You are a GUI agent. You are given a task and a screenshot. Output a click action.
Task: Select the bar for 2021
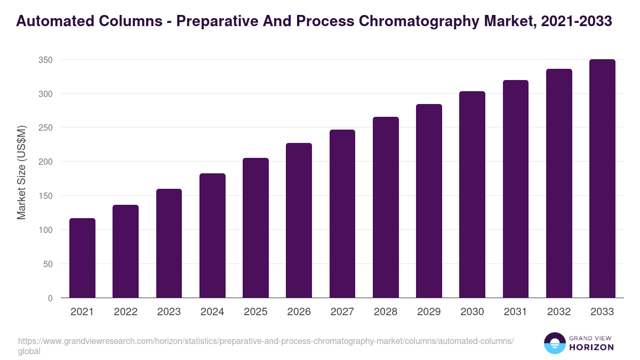[82, 258]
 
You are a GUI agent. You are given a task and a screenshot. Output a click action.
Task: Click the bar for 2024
[212, 236]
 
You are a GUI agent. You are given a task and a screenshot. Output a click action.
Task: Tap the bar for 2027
[342, 214]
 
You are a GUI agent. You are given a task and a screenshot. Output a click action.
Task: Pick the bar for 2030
[473, 195]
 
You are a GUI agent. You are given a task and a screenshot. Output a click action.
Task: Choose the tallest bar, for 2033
[602, 179]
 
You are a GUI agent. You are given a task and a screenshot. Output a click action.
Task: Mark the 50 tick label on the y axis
[48, 264]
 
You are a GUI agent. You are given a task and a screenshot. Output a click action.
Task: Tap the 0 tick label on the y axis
[50, 298]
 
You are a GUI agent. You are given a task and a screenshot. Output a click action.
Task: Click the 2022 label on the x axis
[125, 312]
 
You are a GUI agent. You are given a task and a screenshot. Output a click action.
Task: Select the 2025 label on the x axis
[255, 312]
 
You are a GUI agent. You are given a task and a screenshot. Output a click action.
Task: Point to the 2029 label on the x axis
[429, 312]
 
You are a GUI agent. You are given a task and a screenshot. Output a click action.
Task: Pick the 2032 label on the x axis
[559, 312]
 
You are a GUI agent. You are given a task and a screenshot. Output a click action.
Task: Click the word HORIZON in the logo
[591, 347]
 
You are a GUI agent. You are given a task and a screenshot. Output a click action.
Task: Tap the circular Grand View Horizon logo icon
[554, 343]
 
